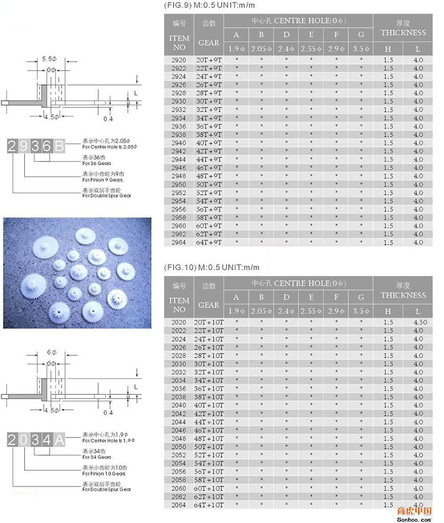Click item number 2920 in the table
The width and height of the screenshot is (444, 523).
pos(178,60)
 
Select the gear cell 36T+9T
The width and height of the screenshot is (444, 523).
pos(209,126)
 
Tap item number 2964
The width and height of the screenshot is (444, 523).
pos(178,242)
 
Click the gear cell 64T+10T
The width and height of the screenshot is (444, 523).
pos(209,505)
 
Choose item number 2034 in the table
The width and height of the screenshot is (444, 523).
pos(178,380)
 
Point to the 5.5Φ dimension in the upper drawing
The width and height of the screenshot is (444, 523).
pos(50,59)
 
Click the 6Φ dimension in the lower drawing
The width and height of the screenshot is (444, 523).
pos(50,352)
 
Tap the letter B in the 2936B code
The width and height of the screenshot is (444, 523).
pos(58,146)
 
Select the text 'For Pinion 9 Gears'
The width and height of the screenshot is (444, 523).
pos(103,180)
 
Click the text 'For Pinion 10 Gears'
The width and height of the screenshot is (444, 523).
pos(104,474)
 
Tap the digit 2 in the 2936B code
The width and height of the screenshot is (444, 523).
pos(13,146)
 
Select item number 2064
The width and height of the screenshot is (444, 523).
pos(178,505)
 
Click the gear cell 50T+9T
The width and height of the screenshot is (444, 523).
pos(209,184)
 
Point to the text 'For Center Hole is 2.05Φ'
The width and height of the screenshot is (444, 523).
pos(110,147)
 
